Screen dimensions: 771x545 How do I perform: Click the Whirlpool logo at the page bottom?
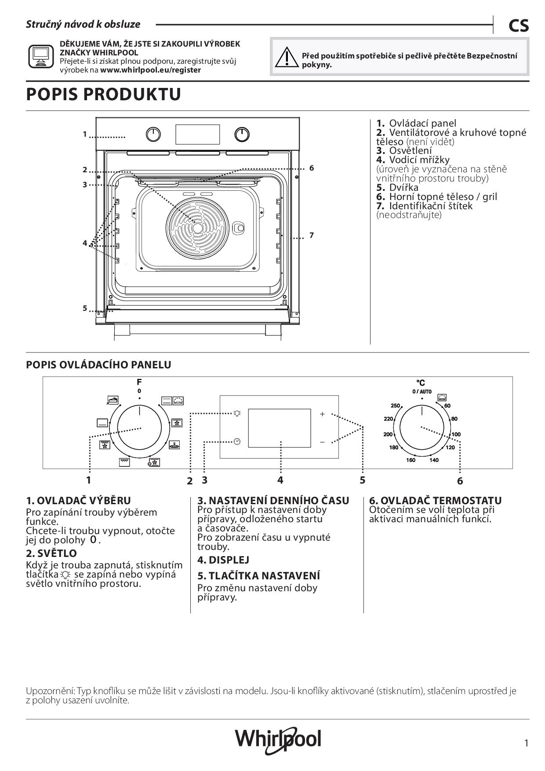(x=278, y=739)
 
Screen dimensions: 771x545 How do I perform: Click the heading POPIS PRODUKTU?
(x=104, y=95)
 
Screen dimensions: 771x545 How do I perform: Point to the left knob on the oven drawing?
(x=153, y=135)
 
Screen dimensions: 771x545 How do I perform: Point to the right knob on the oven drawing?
(x=242, y=135)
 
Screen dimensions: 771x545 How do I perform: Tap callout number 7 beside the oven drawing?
(x=311, y=235)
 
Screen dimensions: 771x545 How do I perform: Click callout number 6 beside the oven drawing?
(x=311, y=168)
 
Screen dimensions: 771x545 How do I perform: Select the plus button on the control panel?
(x=322, y=414)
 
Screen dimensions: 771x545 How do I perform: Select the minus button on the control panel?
(x=322, y=442)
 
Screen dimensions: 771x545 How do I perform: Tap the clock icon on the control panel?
(x=237, y=441)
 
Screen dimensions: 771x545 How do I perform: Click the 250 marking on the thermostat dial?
(x=396, y=405)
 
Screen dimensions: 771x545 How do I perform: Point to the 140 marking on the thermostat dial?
(x=434, y=460)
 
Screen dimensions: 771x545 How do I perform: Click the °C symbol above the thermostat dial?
(x=421, y=383)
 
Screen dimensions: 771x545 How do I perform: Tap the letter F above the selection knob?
(x=139, y=382)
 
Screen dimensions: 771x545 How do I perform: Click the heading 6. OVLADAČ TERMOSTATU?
(x=435, y=500)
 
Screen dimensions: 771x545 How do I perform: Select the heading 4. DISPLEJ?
(x=223, y=560)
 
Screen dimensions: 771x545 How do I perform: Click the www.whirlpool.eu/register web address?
(x=150, y=70)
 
